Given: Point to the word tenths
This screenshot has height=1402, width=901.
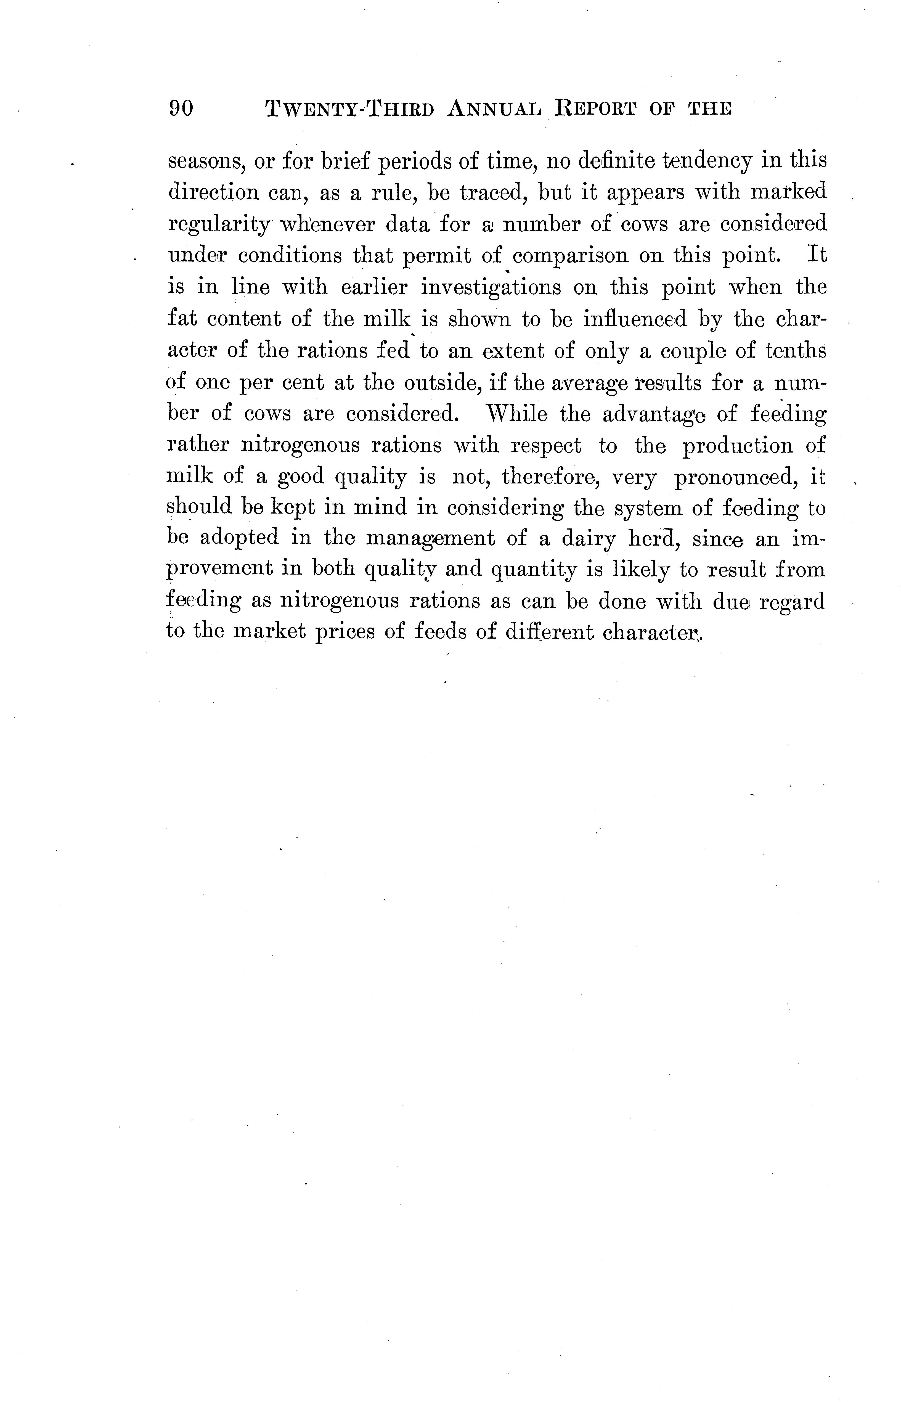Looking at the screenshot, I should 796,351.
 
